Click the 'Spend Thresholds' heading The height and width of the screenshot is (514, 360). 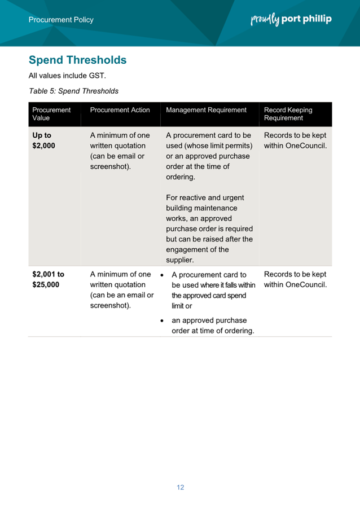click(77, 60)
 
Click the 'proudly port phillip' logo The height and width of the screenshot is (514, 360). click(291, 19)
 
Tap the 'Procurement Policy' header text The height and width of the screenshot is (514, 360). click(61, 20)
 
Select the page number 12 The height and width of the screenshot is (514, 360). click(180, 487)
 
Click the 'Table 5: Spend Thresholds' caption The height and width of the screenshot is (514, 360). click(73, 90)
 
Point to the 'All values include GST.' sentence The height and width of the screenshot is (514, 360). click(67, 76)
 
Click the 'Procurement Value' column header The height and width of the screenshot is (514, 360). click(51, 114)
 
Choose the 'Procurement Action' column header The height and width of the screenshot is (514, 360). click(120, 110)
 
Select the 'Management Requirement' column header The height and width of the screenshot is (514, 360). click(207, 110)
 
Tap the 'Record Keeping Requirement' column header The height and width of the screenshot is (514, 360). click(288, 114)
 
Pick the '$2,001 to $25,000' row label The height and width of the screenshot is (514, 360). click(48, 279)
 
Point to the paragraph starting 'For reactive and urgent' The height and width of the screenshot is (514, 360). click(209, 229)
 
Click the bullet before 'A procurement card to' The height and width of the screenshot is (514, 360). click(163, 275)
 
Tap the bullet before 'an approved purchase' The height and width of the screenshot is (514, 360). click(163, 320)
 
